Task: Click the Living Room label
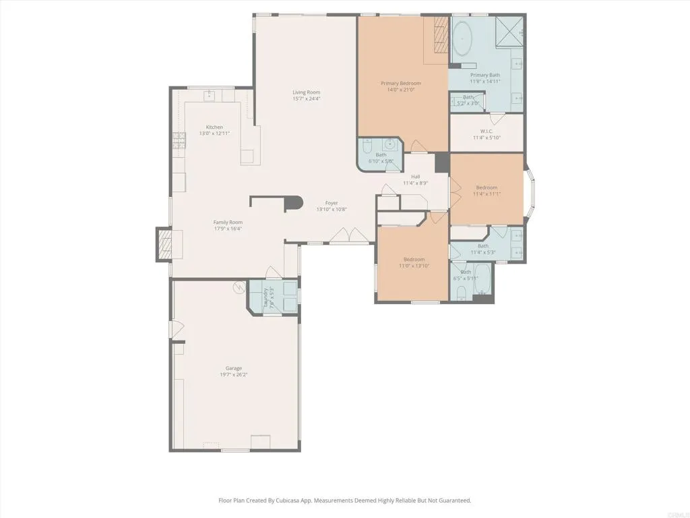(306, 92)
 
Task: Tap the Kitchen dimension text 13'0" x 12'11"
(214, 134)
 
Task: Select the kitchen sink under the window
(210, 94)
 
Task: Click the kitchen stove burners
(179, 140)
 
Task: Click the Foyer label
(332, 203)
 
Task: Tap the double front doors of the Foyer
(348, 235)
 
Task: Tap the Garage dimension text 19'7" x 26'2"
(234, 375)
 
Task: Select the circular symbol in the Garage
(238, 289)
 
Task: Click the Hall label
(416, 177)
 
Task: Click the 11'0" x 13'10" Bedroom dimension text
(414, 266)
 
